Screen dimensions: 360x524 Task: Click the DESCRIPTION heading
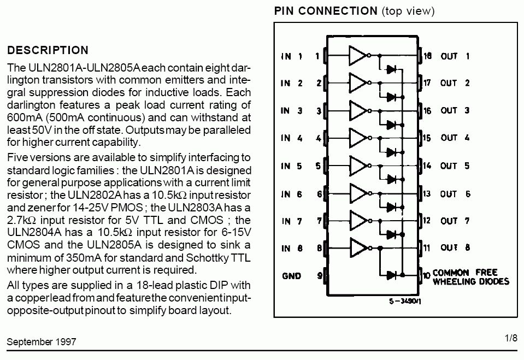(x=48, y=50)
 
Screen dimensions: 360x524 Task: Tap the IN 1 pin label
(x=291, y=56)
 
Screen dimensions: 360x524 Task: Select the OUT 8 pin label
(x=456, y=248)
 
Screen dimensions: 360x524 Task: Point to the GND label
(x=291, y=275)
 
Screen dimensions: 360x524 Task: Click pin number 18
(x=427, y=56)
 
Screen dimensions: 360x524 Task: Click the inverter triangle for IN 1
(x=357, y=55)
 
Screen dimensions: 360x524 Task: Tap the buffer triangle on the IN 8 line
(x=357, y=247)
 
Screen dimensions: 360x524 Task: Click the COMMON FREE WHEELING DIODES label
(x=470, y=277)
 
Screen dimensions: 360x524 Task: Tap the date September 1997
(x=42, y=342)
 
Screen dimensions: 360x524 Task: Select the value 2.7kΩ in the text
(x=22, y=220)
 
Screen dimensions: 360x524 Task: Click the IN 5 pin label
(x=291, y=166)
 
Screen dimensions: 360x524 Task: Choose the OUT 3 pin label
(x=456, y=110)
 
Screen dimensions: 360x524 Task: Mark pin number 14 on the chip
(x=427, y=165)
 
